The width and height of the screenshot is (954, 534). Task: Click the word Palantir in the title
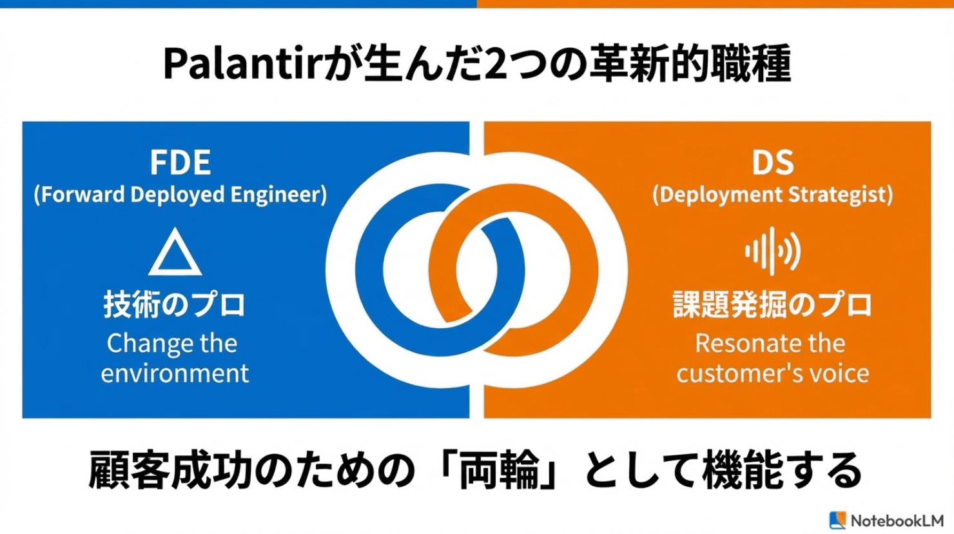(242, 65)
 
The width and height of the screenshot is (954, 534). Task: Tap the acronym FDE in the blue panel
(180, 163)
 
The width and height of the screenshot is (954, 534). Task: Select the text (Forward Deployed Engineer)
(180, 195)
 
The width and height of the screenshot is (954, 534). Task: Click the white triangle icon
(175, 253)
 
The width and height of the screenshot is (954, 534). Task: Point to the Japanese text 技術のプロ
(175, 304)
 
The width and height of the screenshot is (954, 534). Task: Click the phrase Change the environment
(174, 358)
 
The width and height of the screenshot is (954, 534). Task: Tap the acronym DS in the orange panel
(772, 163)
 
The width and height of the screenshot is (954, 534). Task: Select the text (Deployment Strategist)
(772, 195)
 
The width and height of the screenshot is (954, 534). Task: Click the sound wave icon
(772, 251)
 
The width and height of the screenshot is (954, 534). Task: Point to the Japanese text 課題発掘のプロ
(772, 304)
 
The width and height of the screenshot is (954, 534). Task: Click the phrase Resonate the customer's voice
(772, 358)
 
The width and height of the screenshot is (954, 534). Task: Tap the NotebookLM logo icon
(837, 520)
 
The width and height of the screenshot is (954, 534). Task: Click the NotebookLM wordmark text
(897, 520)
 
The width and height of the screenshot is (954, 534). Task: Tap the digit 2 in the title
(494, 65)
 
